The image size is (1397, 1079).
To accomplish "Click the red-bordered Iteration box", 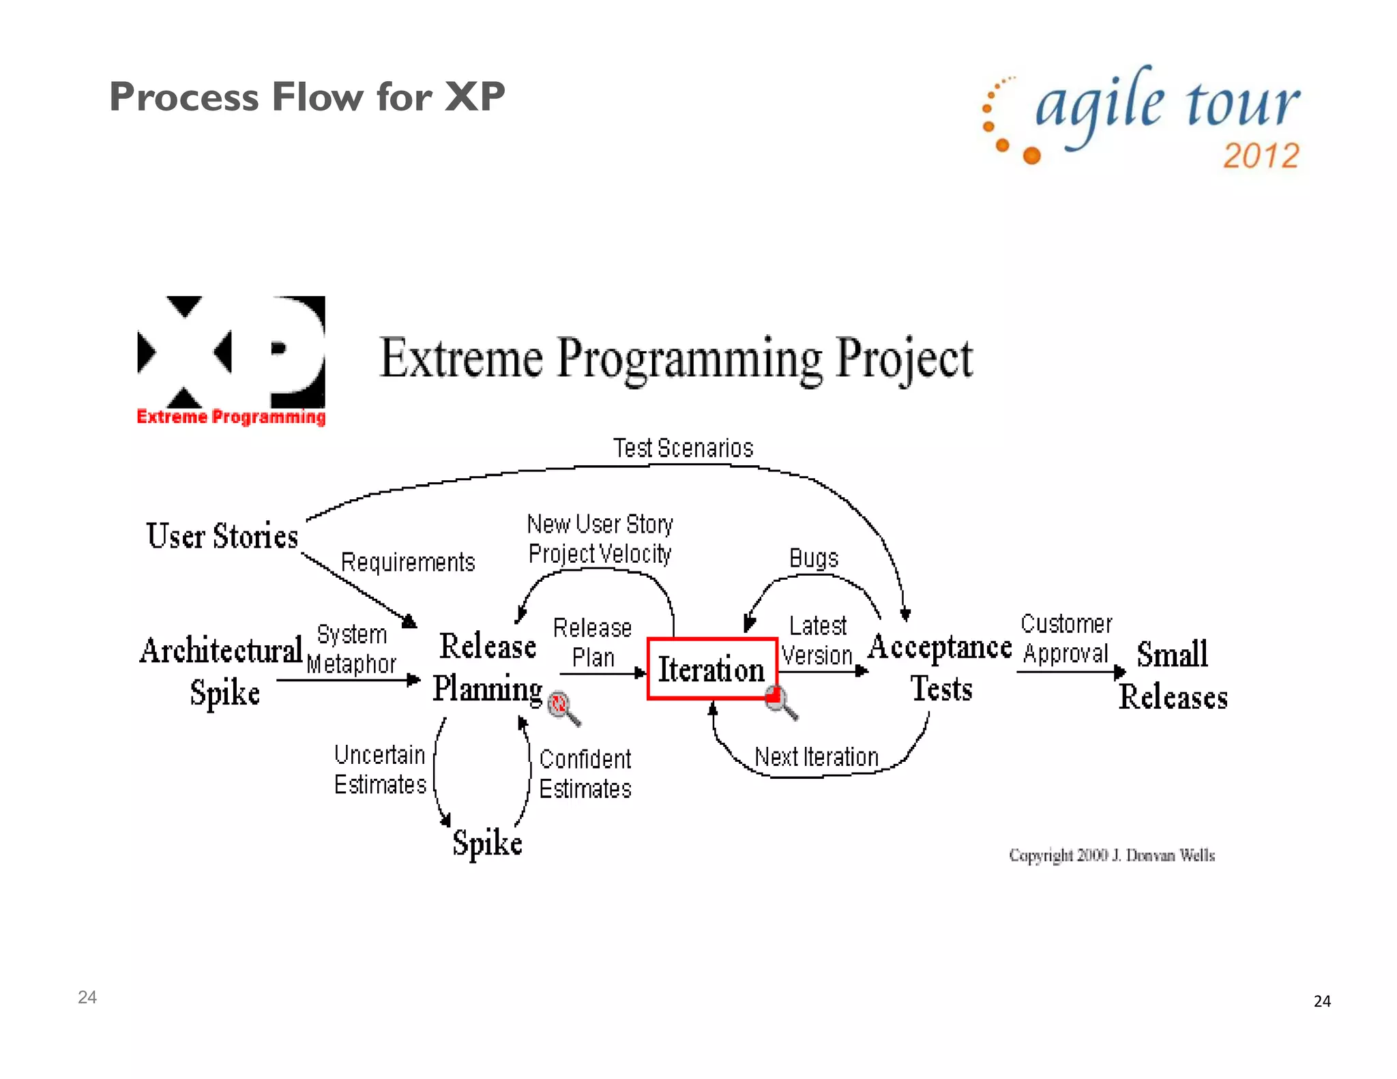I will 711,669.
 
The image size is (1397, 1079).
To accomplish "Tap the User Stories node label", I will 222,536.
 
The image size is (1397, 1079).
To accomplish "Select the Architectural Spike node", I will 222,670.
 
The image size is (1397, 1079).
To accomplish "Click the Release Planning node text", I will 488,667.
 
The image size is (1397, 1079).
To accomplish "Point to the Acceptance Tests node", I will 940,667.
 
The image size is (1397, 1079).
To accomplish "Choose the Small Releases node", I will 1173,675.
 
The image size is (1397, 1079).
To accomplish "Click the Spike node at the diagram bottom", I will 487,843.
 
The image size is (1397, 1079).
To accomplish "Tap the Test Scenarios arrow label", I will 683,448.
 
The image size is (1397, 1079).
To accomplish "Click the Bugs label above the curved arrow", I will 813,558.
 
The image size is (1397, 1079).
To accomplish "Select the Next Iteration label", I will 817,757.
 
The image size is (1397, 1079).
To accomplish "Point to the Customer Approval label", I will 1065,639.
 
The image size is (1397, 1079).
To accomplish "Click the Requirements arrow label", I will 407,563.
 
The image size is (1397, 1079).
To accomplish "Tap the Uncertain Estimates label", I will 380,770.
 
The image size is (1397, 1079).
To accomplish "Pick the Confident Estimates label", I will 585,774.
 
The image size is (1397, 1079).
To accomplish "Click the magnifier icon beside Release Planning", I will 563,708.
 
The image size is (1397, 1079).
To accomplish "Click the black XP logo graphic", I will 231,353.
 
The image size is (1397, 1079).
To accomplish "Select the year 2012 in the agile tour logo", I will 1261,156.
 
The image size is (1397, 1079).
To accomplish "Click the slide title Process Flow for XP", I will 307,96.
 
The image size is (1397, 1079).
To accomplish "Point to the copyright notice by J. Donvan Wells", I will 1112,855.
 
